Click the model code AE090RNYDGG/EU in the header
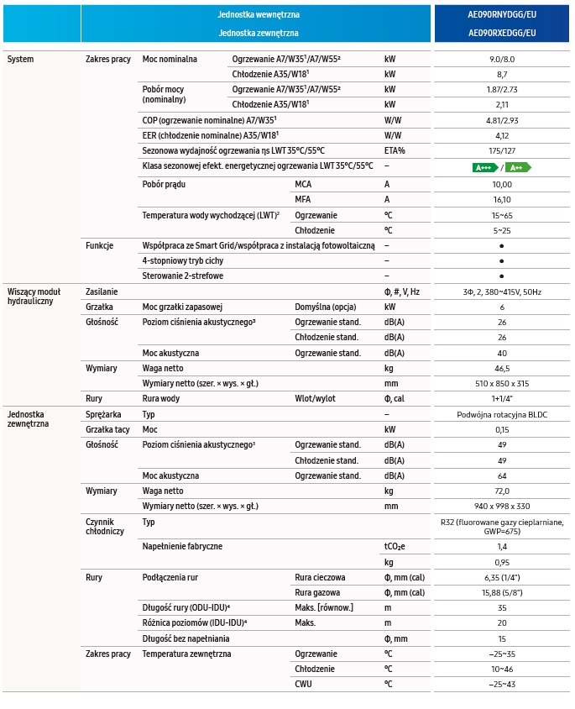501,15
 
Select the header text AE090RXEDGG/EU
501,33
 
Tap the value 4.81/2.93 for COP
502,120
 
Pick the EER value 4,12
502,135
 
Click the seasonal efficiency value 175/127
502,150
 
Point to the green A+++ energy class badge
485,167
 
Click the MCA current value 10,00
502,183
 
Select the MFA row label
303,199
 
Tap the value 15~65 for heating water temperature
502,215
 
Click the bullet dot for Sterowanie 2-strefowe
501,276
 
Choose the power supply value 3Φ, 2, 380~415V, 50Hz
502,291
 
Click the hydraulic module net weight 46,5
502,368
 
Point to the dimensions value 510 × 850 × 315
502,383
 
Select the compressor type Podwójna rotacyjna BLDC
502,415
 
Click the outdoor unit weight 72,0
502,491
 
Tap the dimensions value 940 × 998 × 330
502,506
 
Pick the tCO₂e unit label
395,547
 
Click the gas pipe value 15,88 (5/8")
502,592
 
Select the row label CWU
303,684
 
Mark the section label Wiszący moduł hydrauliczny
30,296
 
